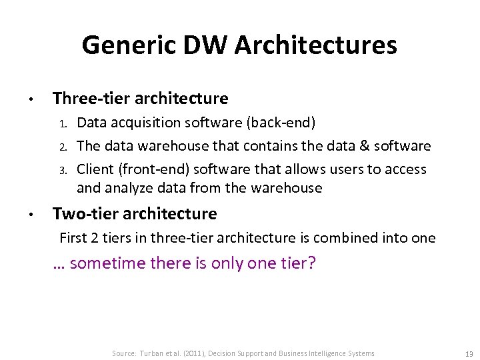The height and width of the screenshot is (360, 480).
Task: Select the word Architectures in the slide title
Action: click(315, 45)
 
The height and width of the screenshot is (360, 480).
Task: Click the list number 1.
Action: click(64, 123)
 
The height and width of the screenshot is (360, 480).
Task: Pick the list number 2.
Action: click(64, 147)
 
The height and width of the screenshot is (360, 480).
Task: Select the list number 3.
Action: click(64, 170)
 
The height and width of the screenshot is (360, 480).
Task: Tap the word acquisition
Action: click(144, 123)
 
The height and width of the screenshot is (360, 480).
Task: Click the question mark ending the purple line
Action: click(311, 263)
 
